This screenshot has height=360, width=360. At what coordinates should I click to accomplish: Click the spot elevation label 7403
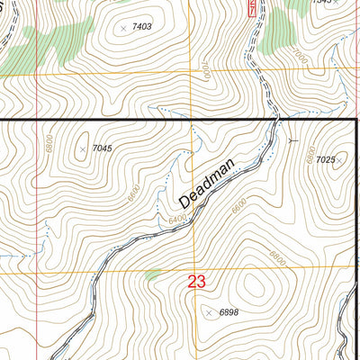(x=141, y=28)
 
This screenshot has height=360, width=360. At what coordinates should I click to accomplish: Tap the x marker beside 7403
(x=123, y=28)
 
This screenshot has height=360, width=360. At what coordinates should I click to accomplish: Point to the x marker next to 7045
(x=83, y=148)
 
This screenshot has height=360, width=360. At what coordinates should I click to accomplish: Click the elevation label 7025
(x=325, y=160)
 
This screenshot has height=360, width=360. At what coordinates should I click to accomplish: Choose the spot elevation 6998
(x=229, y=312)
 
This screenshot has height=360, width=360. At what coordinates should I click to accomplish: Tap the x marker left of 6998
(x=210, y=312)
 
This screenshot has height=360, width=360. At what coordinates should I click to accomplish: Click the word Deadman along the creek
(x=206, y=179)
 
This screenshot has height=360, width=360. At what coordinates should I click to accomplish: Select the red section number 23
(x=197, y=282)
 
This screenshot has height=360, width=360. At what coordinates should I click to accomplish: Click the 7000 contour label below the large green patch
(x=298, y=57)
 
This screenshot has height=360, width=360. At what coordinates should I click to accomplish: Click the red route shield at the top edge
(x=251, y=8)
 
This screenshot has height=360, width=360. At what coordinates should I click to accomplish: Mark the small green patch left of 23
(x=158, y=274)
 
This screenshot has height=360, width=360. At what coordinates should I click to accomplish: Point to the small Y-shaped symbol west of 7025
(x=290, y=140)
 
